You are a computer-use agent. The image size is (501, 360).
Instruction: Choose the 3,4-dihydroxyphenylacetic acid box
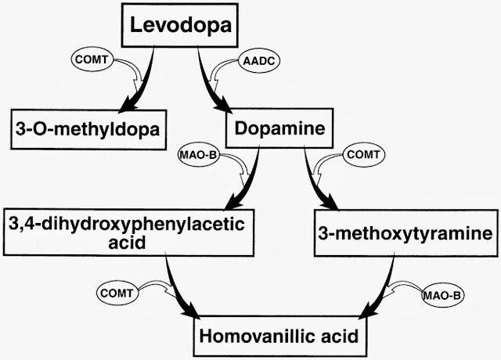click(x=129, y=232)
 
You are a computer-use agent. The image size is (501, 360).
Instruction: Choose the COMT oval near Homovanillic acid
click(x=116, y=293)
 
